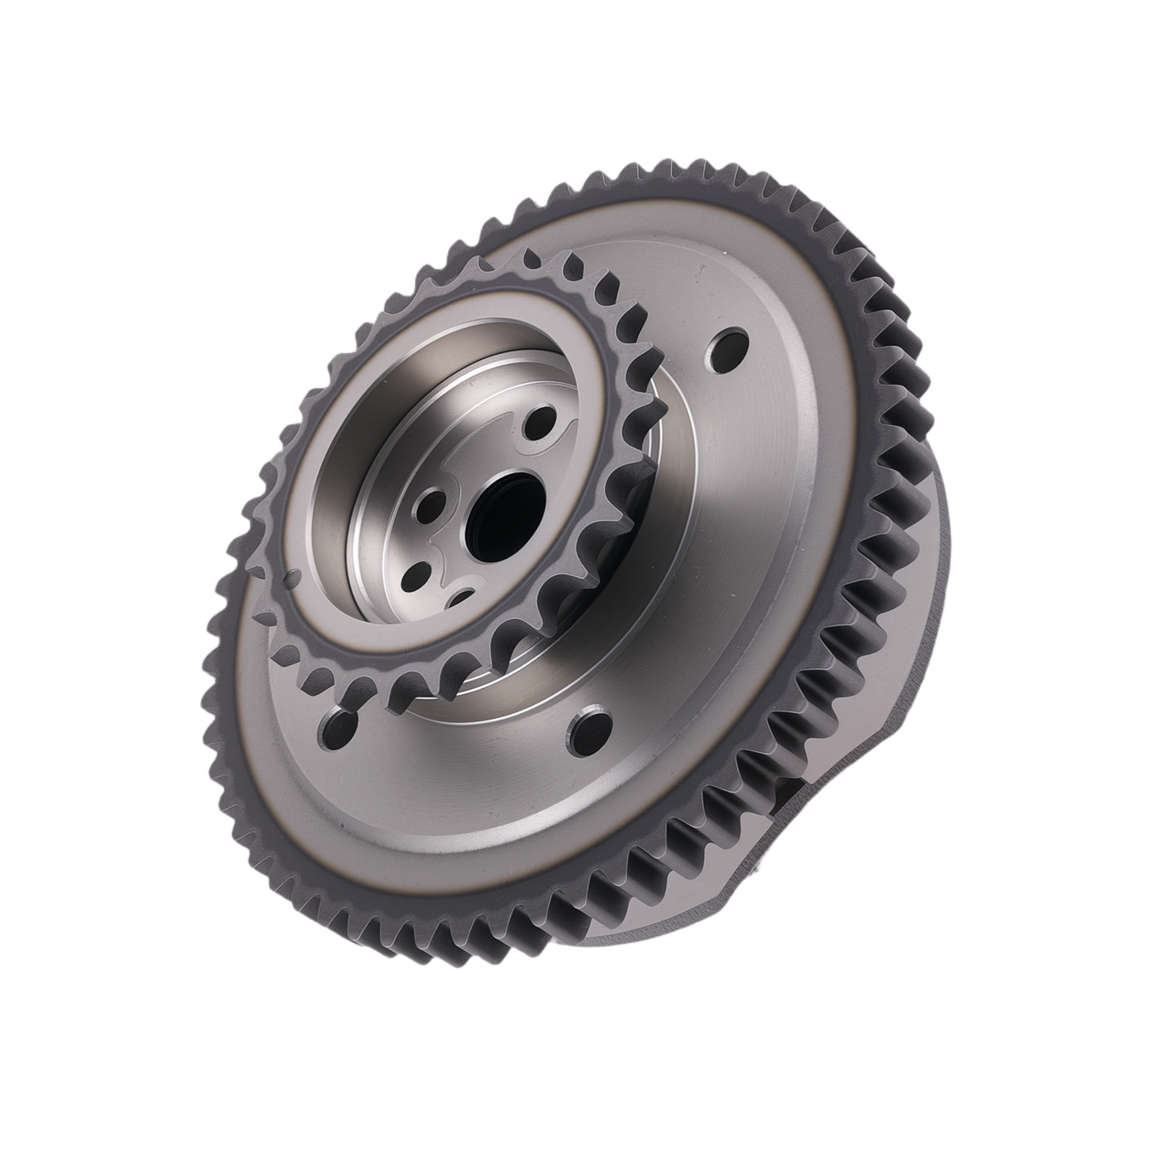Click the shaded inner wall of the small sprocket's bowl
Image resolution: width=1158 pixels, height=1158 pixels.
coord(340,521)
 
